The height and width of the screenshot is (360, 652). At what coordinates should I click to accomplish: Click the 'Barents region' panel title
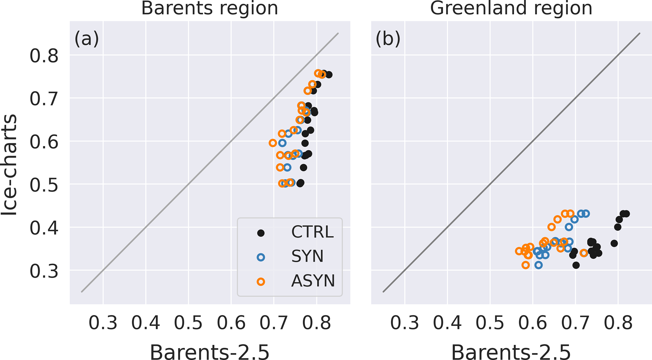tap(209, 8)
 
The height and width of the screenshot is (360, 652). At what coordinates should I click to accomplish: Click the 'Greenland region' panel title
tap(511, 8)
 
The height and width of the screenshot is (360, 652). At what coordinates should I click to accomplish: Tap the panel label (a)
tap(86, 39)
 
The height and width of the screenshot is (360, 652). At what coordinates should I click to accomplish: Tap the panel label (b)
tap(388, 39)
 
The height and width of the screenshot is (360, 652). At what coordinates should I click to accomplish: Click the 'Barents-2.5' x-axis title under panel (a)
tap(209, 352)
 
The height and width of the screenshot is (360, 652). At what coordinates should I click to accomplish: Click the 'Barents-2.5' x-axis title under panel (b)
tap(511, 352)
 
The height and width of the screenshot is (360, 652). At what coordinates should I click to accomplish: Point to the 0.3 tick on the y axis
tap(44, 271)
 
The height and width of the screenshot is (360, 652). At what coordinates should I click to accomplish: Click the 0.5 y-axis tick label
tap(44, 185)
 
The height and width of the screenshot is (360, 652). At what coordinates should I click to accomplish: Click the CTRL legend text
tap(312, 233)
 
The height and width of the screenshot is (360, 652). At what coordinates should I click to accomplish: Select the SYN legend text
tap(307, 257)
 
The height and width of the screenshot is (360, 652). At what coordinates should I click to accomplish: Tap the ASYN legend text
tap(313, 281)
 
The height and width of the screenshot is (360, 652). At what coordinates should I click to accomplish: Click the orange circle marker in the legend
tap(261, 282)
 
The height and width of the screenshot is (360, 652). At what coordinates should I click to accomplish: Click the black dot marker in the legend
tap(261, 233)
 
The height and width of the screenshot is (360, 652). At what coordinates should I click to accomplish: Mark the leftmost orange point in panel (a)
tap(273, 143)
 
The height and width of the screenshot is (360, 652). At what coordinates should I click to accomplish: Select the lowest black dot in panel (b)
tap(576, 265)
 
